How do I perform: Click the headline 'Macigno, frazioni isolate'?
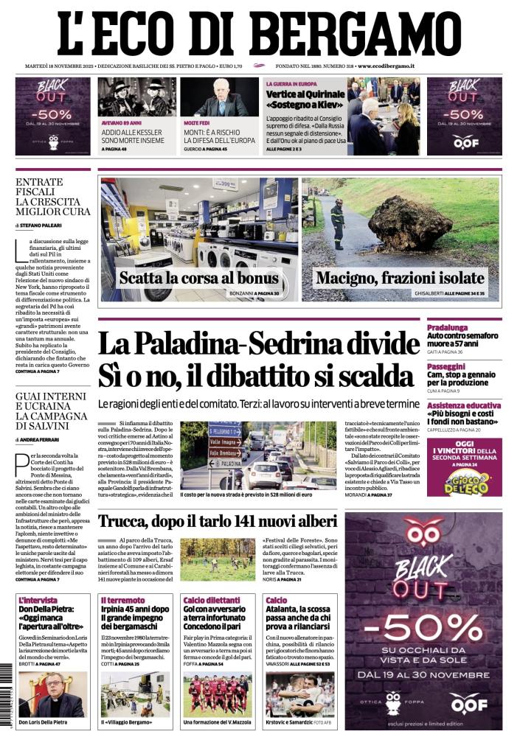400,279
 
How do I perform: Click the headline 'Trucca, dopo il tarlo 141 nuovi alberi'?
217,521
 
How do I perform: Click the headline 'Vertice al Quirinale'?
305,94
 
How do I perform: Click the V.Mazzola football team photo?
218,694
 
